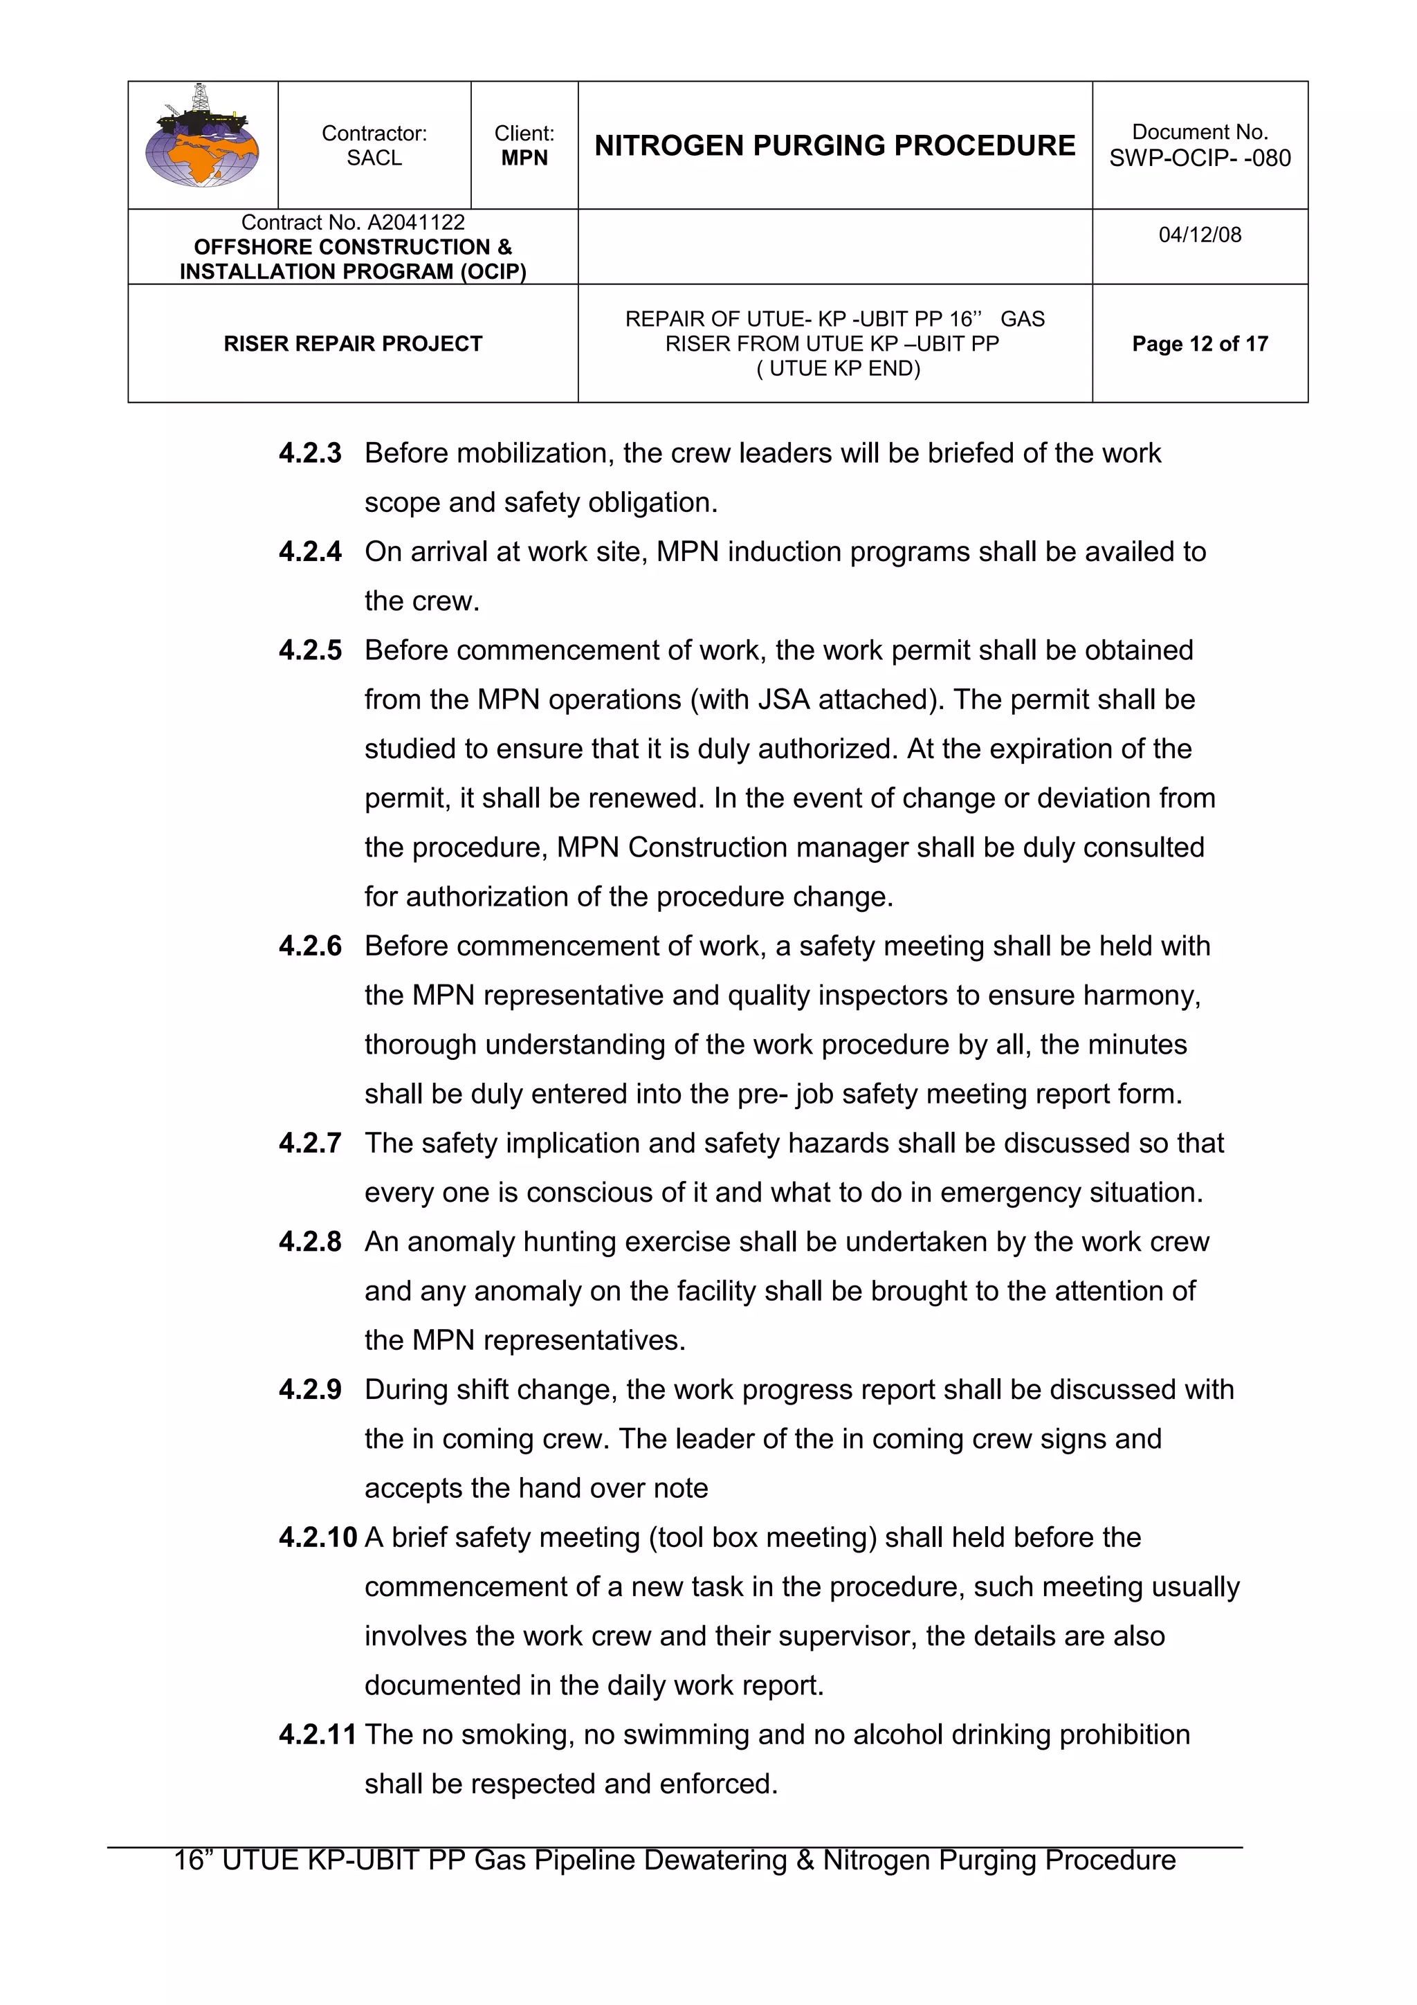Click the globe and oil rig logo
[x=201, y=139]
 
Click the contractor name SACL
[x=374, y=158]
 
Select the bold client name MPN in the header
[x=524, y=158]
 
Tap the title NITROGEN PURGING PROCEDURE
[x=834, y=145]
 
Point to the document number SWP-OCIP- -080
[x=1200, y=158]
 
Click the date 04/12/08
[x=1200, y=235]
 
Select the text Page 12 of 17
[x=1200, y=344]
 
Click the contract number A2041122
[x=416, y=223]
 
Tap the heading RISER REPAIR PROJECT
[x=353, y=344]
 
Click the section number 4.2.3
[x=310, y=453]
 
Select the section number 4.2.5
[x=310, y=650]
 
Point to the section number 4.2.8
[x=310, y=1242]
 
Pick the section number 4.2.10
[x=317, y=1538]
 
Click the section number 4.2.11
[x=317, y=1734]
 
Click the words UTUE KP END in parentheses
[x=838, y=369]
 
